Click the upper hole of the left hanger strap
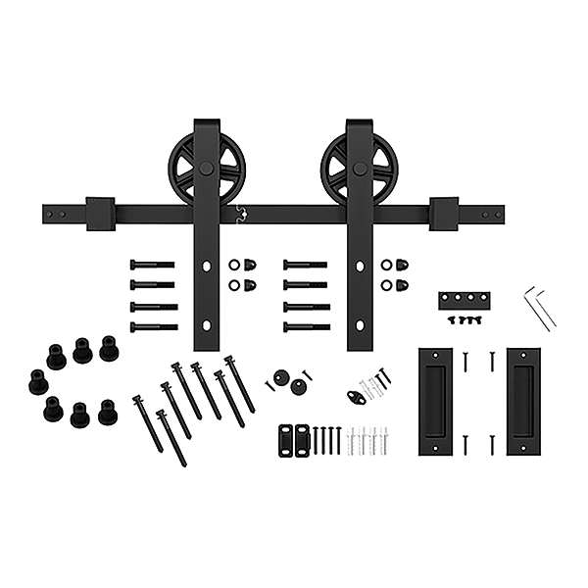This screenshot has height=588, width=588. (207, 266)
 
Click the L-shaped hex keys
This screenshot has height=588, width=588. (537, 305)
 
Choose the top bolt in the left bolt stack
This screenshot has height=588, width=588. (155, 266)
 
